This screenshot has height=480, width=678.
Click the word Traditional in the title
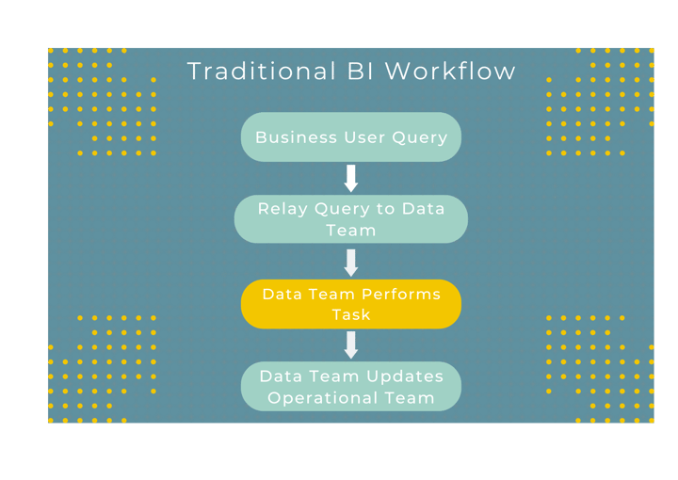257,72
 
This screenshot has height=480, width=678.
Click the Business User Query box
351,137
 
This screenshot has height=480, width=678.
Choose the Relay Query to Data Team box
351,219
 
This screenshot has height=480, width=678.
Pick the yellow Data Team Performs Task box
351,304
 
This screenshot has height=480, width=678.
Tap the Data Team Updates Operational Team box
351,387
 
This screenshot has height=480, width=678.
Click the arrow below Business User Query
351,178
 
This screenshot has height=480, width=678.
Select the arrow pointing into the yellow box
351,262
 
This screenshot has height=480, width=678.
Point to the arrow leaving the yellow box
351,344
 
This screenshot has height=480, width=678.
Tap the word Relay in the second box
282,209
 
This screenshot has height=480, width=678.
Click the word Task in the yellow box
351,314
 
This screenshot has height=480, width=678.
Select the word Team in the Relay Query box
351,231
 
